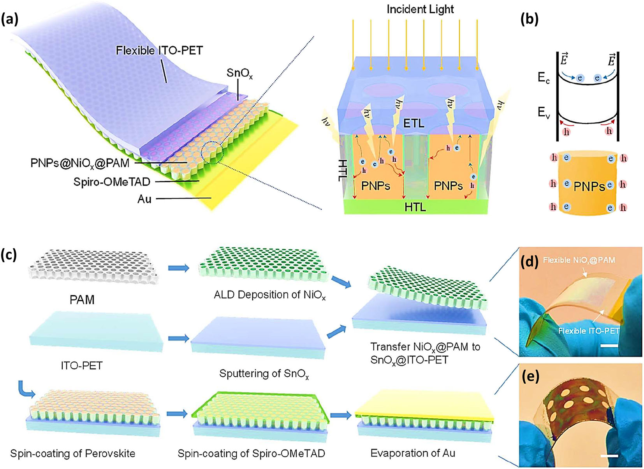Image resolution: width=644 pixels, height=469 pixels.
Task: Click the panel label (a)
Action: coord(10,19)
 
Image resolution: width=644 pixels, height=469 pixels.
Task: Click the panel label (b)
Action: coord(529,19)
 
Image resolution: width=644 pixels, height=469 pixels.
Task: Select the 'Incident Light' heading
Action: coord(420,9)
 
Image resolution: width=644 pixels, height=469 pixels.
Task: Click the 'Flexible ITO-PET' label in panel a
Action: coord(159,50)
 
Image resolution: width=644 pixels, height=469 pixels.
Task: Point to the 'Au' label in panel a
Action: coord(144,199)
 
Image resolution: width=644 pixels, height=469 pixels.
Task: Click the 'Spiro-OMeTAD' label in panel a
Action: coord(112,182)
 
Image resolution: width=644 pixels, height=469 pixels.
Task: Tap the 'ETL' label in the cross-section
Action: coord(413,123)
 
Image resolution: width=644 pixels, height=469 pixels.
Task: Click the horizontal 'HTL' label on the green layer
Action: coord(415,207)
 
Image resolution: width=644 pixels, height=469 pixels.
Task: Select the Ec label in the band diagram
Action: coord(544,78)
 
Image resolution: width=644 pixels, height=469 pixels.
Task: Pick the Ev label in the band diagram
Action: coord(544,113)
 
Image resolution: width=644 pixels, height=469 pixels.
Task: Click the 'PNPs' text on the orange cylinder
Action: coord(589,186)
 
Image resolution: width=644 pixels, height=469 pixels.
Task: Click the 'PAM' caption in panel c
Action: coord(82,300)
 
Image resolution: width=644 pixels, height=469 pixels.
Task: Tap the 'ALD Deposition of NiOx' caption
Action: coord(269,295)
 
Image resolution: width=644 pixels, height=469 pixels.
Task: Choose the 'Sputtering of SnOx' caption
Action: coord(264,374)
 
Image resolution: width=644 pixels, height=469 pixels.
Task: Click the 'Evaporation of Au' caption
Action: coord(413,453)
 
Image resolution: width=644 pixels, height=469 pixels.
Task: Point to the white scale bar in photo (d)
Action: coord(611,345)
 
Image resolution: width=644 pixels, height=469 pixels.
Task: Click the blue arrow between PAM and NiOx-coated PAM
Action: coord(178,268)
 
